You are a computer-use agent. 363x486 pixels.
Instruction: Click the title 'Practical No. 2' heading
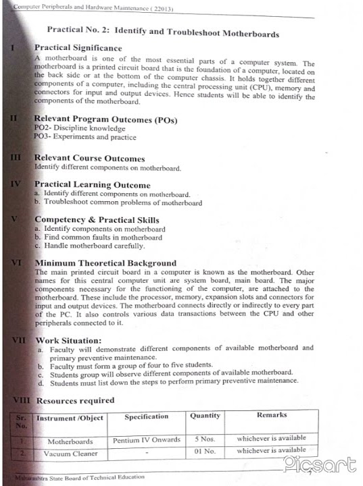[x=163, y=32]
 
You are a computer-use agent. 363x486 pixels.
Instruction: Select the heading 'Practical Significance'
[x=78, y=48]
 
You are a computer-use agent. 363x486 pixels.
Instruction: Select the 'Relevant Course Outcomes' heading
[x=89, y=159]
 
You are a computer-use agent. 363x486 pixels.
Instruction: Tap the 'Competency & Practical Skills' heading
[x=97, y=220]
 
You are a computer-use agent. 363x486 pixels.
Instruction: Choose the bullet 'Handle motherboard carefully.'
[x=89, y=246]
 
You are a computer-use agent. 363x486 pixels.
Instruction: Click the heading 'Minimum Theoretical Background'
[x=105, y=263]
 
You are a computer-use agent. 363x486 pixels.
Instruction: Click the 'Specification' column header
[x=146, y=416]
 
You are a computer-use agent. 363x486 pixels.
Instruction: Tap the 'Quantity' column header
[x=204, y=416]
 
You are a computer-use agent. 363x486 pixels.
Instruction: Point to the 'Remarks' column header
[x=271, y=415]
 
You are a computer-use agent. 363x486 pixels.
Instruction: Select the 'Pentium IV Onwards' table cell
[x=147, y=440]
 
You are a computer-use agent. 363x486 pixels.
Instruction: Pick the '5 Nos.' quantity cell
[x=204, y=439]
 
